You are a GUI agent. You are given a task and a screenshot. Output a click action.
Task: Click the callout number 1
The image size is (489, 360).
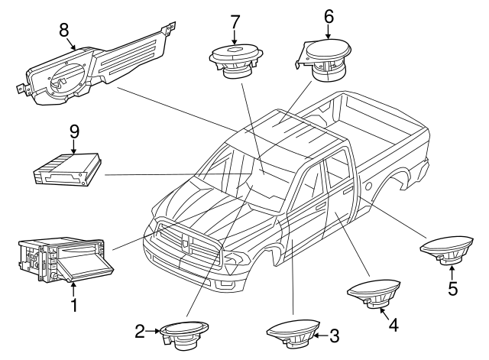tap(74, 306)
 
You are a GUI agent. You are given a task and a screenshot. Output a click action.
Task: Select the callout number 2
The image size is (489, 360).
tap(140, 331)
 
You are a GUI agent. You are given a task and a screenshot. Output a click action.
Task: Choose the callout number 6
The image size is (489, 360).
tap(329, 15)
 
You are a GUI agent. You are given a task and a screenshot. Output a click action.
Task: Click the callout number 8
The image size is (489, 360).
tap(64, 29)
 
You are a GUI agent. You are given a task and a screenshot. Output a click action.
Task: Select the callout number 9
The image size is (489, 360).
tap(74, 131)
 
